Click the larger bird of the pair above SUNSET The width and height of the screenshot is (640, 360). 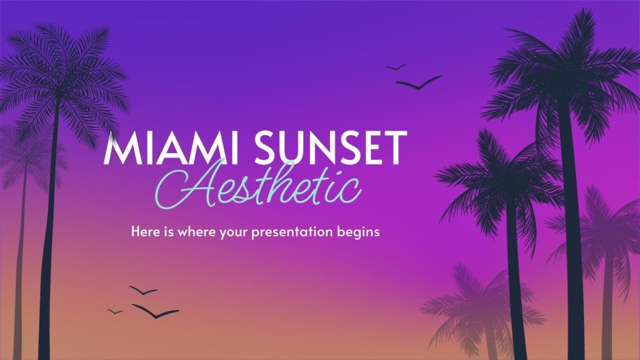[419, 83]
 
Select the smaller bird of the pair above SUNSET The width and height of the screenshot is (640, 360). [396, 67]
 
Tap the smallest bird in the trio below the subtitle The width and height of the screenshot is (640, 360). [115, 311]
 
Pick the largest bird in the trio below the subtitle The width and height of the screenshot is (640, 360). [155, 311]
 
